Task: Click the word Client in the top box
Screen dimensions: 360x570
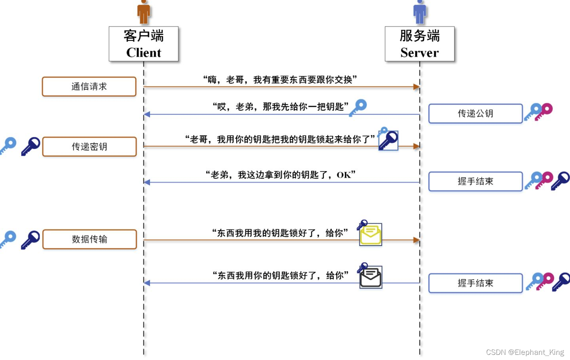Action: (x=144, y=53)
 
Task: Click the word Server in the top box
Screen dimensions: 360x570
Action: (x=420, y=53)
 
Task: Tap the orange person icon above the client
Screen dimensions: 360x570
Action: (x=144, y=12)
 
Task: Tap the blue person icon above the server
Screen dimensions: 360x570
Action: (x=420, y=12)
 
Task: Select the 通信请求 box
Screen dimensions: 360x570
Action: (x=89, y=87)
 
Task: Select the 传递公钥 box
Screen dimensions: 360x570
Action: (x=475, y=114)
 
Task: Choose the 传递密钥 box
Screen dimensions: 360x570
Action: (x=89, y=147)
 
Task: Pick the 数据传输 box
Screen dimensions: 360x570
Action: (x=89, y=239)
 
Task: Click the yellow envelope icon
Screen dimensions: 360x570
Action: (x=371, y=235)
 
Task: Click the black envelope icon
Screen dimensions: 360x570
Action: (x=371, y=278)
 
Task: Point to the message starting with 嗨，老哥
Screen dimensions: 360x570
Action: (x=280, y=80)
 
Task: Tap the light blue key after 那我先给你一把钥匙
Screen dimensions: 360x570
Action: (x=358, y=107)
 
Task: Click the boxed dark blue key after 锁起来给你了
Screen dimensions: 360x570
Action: (x=388, y=141)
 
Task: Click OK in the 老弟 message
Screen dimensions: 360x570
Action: (x=344, y=175)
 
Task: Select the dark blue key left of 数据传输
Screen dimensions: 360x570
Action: (x=31, y=239)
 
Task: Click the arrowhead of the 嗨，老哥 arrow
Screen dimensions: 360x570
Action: (x=416, y=87)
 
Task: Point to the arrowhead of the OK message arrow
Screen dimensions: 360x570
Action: (x=147, y=182)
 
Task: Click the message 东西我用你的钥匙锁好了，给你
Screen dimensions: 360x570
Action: (x=280, y=275)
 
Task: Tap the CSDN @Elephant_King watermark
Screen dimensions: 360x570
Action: (x=525, y=352)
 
